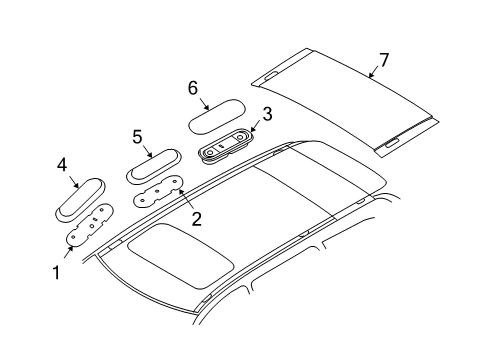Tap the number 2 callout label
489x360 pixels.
(196, 218)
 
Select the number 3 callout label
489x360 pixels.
(267, 115)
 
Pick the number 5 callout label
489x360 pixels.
(138, 136)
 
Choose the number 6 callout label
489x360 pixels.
(193, 88)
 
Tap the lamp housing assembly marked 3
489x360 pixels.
(227, 146)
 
